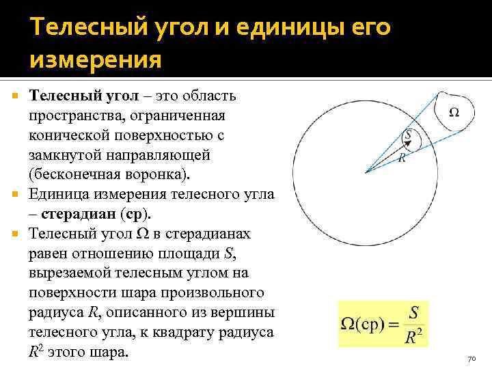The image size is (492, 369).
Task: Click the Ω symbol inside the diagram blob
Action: tap(454, 113)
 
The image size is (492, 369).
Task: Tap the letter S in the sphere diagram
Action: tap(408, 135)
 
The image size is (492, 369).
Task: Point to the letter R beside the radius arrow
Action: tap(402, 157)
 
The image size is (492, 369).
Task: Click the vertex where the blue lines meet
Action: tap(368, 172)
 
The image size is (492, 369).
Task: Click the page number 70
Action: tap(471, 359)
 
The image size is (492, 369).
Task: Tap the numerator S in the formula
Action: tap(413, 312)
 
